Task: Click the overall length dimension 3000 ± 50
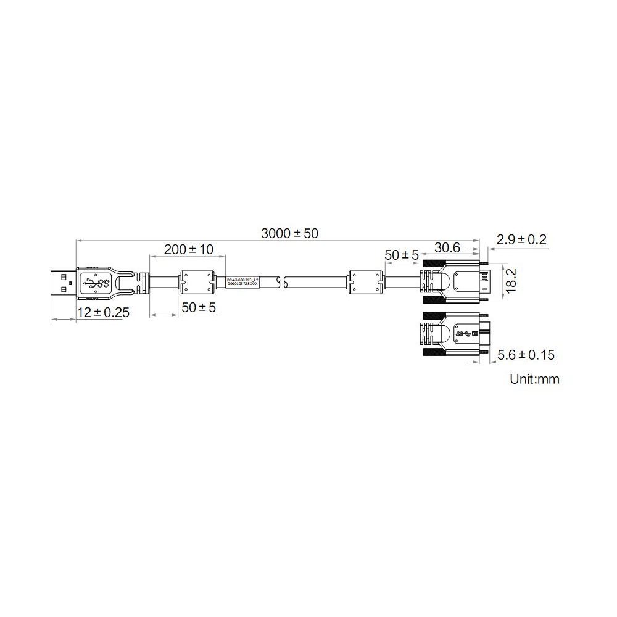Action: tap(289, 233)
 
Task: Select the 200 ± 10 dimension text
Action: tap(188, 249)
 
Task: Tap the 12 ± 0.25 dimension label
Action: tap(103, 313)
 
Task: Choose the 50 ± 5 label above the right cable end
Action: tap(402, 254)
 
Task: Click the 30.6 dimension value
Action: tap(447, 247)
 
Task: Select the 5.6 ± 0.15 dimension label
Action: tap(526, 355)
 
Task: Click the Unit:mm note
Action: tap(534, 379)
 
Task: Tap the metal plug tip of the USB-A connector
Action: tap(63, 284)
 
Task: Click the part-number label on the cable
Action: tap(242, 283)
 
